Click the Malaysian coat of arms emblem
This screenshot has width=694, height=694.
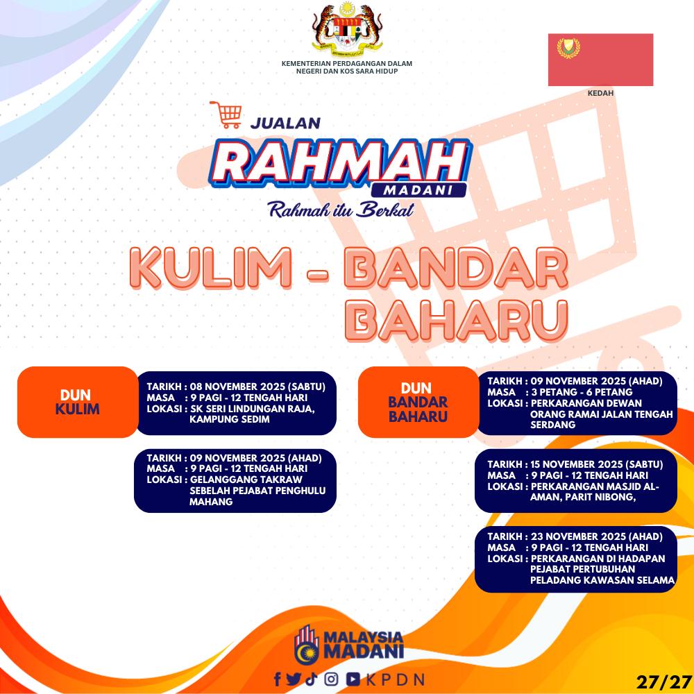tap(347, 28)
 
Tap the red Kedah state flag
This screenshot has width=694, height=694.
tap(600, 60)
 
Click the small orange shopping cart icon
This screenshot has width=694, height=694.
tap(226, 115)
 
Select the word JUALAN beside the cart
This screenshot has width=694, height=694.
tap(285, 123)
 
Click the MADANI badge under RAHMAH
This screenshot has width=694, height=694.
tap(418, 190)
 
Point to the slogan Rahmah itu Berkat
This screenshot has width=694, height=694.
tap(341, 210)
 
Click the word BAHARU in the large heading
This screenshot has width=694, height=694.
tap(457, 321)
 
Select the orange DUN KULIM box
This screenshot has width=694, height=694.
tap(78, 402)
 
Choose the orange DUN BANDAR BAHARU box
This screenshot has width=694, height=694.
tap(418, 402)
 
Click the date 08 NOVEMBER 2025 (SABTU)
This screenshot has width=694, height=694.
tap(257, 387)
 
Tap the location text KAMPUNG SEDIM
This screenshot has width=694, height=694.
tap(229, 419)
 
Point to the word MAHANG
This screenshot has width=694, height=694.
tap(211, 502)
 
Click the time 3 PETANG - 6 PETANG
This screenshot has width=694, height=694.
tap(582, 392)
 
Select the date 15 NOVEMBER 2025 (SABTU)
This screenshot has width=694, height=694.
tap(597, 464)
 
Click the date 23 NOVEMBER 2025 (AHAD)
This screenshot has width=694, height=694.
tap(597, 536)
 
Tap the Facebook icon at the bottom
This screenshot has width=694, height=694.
tap(278, 679)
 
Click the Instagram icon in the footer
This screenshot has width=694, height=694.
tap(332, 679)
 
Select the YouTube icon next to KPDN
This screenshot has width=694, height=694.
tap(353, 679)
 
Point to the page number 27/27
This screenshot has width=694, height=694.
tap(664, 682)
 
